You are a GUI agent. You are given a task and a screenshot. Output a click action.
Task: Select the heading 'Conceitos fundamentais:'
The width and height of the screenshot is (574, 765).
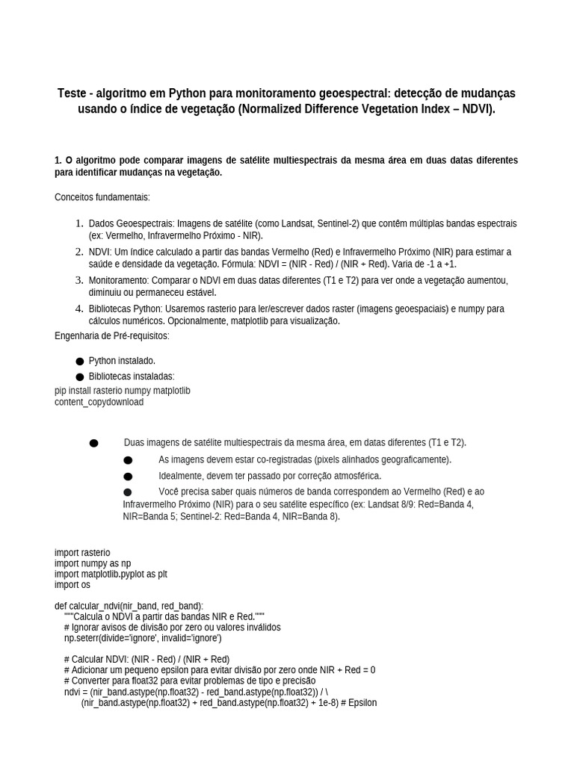[102, 197]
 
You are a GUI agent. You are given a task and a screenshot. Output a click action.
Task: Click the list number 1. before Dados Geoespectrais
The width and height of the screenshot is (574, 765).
[79, 223]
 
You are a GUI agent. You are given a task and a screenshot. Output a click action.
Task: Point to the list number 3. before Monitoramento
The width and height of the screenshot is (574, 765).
[79, 280]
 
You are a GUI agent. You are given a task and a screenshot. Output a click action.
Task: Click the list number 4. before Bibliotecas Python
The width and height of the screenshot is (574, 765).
[79, 309]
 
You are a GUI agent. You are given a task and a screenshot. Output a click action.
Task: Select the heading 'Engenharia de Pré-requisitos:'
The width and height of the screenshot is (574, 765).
[112, 336]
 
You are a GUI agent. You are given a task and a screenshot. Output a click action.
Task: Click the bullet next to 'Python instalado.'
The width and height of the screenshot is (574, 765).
[79, 362]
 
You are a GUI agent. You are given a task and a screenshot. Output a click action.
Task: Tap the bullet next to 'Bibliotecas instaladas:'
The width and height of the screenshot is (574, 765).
[79, 377]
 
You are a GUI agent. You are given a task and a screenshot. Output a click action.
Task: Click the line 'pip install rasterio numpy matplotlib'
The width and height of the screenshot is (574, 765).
[123, 391]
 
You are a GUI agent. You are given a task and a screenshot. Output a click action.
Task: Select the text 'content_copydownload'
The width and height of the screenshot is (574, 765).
[99, 402]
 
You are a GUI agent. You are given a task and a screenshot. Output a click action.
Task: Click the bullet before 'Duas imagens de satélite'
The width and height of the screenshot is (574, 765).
[93, 443]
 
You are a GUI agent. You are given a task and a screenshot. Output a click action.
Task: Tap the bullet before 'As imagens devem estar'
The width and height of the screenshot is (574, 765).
[128, 460]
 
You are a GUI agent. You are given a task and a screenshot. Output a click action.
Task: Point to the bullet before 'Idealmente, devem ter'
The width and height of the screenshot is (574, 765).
[128, 477]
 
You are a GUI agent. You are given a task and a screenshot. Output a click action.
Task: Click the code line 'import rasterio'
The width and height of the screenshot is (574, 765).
[82, 553]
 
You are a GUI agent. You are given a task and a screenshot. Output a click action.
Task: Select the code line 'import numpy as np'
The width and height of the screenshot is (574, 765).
[93, 563]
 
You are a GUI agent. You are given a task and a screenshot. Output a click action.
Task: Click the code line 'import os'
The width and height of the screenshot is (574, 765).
[72, 585]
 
